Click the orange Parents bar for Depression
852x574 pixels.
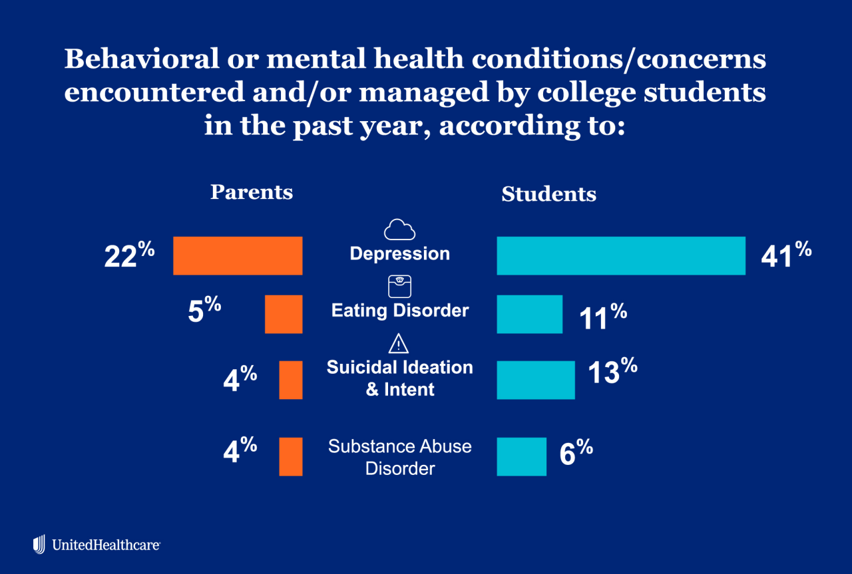coord(238,255)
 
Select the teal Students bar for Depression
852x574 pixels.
coord(621,255)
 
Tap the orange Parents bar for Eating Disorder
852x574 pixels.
coord(284,314)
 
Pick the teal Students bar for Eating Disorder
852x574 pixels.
coord(530,314)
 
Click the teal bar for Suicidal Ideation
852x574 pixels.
coord(536,380)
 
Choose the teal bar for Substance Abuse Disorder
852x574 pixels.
coord(522,456)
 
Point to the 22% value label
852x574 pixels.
coord(129,255)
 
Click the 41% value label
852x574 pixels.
coord(786,255)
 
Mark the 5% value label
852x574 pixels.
coord(204,311)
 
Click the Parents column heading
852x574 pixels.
coord(252,192)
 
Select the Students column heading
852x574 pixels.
coord(548,194)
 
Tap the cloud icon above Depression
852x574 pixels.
coord(399,229)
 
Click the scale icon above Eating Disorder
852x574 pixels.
coord(399,287)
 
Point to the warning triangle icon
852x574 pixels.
coord(398,344)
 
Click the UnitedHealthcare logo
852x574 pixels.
coord(97,545)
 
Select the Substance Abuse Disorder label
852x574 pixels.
coord(400,457)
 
